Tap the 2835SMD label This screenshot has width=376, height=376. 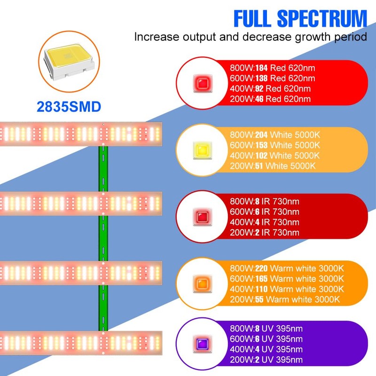(69, 107)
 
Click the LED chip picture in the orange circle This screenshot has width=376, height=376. (66, 61)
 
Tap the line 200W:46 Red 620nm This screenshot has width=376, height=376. (270, 99)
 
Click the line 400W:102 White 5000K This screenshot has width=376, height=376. (274, 156)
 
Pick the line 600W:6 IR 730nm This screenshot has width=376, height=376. (264, 212)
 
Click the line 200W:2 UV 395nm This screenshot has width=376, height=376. (266, 360)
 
